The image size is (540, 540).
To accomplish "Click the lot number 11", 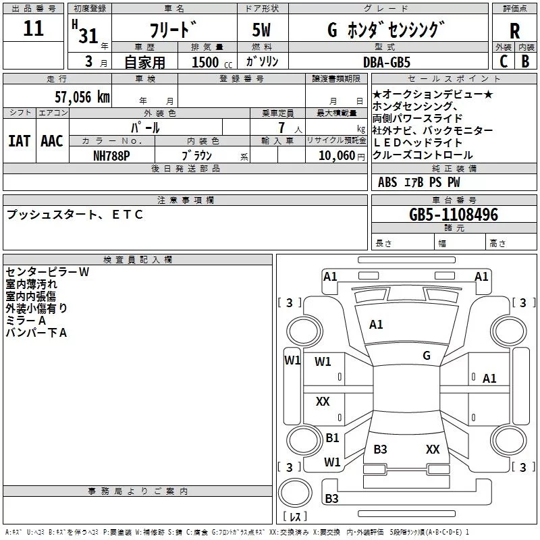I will pos(33,29).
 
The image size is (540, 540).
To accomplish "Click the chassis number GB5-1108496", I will pos(454,215).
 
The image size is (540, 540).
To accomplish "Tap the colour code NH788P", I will pos(112,155).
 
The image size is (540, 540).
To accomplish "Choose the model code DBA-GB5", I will pos(387,61).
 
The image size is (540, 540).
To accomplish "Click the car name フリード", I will pos(173,30).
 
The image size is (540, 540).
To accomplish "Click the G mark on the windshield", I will pos(427,355).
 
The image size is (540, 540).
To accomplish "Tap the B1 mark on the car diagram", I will pos(332,438).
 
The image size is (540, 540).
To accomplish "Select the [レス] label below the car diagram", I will pos(295,517).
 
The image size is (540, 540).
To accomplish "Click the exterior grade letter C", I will pos(504,61).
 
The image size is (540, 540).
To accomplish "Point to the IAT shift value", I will pos(20,140).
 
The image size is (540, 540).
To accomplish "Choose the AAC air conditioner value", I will pos(52,140).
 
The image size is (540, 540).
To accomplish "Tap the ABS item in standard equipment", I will pos(387,182).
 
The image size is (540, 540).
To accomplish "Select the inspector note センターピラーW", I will pos(47,272).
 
